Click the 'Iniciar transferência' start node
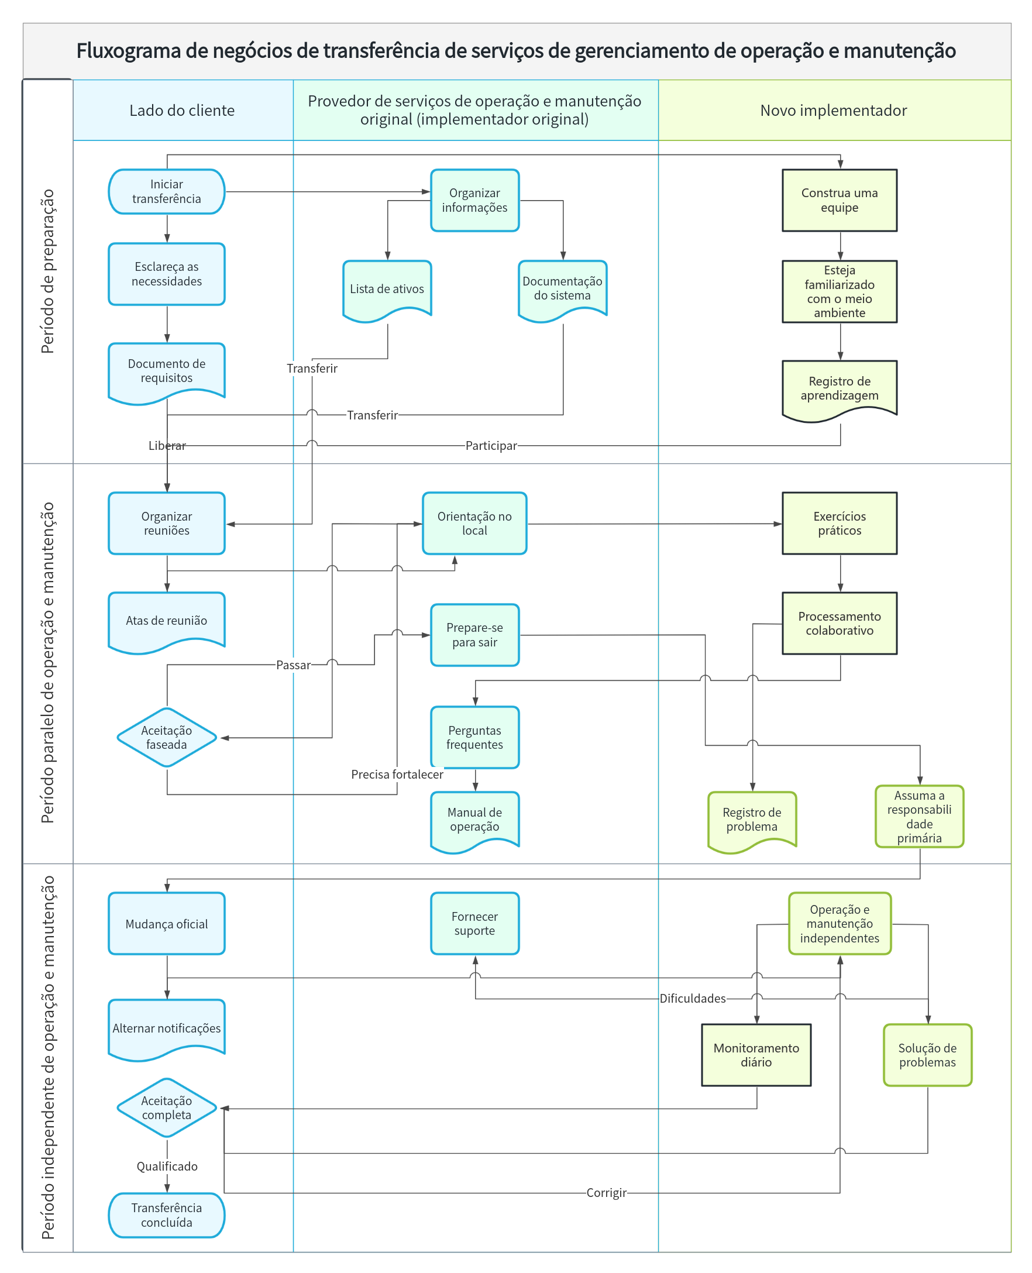(167, 191)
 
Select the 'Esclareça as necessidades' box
(167, 274)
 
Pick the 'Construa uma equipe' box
(840, 200)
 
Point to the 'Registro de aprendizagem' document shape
(840, 391)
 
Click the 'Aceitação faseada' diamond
(167, 738)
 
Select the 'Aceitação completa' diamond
(167, 1108)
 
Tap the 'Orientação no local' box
(474, 524)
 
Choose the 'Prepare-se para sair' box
(474, 635)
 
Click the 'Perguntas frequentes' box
(474, 738)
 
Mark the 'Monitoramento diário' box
(756, 1055)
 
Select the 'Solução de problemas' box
(927, 1055)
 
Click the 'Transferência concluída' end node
(167, 1215)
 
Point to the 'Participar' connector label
(491, 446)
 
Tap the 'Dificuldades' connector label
(693, 999)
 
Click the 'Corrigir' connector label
(606, 1193)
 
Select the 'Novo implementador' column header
(834, 111)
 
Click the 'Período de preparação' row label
(47, 271)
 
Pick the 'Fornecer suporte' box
(474, 924)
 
